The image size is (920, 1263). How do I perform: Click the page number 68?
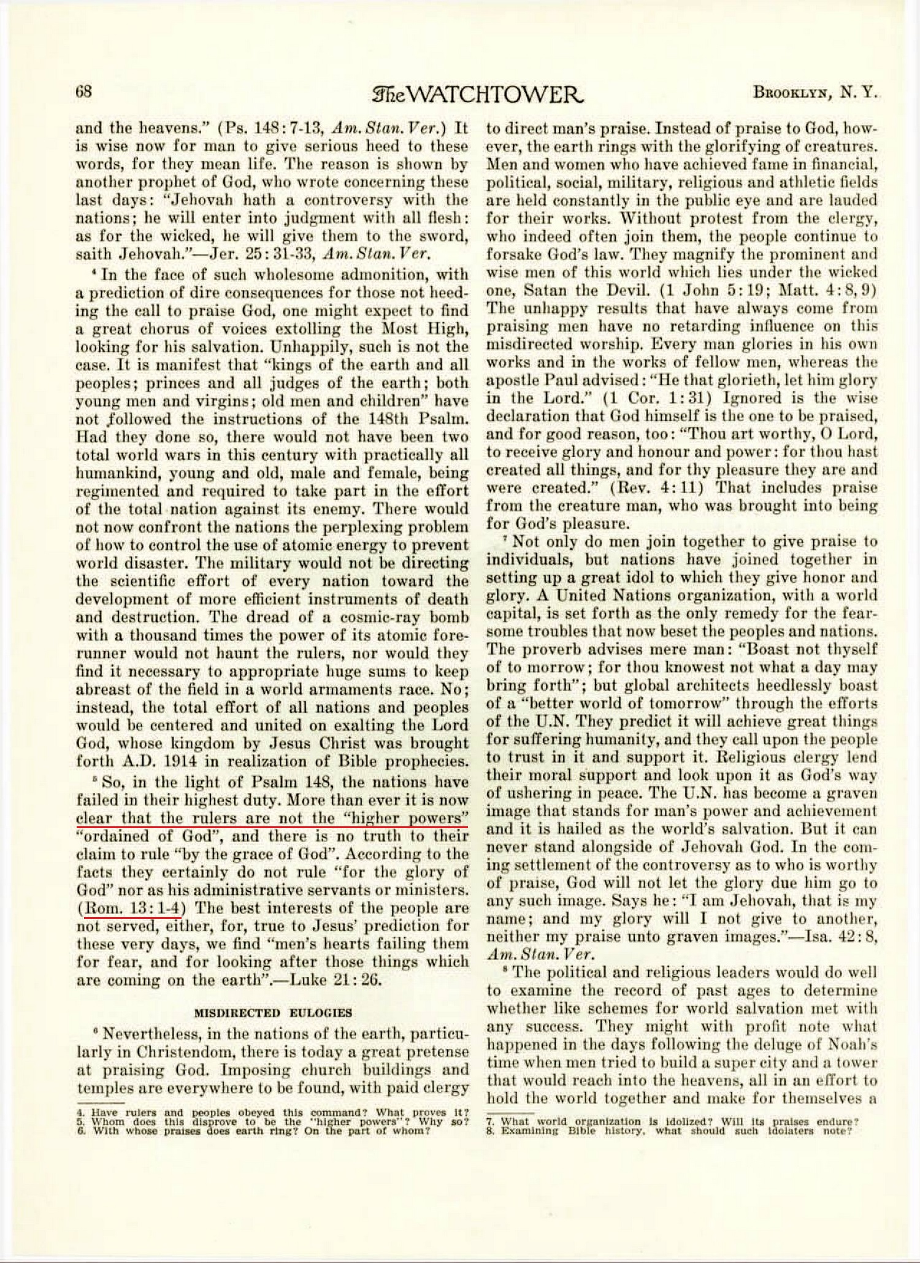coord(83,92)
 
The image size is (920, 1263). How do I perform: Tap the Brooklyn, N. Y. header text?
coord(815,93)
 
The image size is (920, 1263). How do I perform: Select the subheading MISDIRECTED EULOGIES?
coord(273,1012)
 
